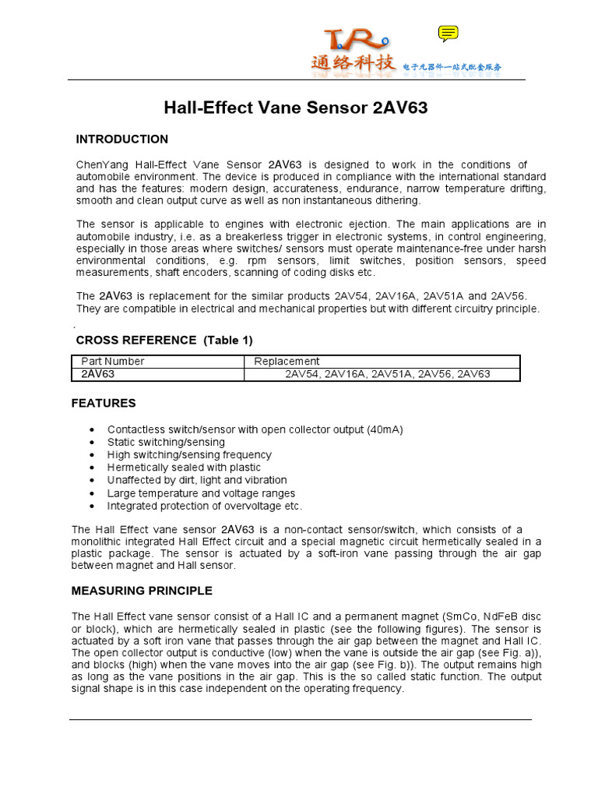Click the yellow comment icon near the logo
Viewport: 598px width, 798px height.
[x=448, y=33]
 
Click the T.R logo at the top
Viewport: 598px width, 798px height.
[x=354, y=41]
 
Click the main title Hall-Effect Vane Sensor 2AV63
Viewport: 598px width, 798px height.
[x=296, y=108]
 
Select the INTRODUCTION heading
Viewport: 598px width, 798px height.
[x=121, y=139]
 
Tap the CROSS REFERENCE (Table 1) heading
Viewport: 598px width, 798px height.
[x=164, y=340]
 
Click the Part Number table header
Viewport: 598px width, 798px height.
[x=113, y=362]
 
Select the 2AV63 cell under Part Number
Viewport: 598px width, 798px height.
[x=98, y=374]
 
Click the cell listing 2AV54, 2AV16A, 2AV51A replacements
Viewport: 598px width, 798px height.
[x=387, y=374]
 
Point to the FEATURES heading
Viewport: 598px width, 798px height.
[x=104, y=403]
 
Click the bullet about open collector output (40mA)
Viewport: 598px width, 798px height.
[x=255, y=429]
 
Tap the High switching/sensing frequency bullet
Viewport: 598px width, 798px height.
[x=189, y=454]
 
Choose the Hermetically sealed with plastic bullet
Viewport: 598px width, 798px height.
[x=184, y=468]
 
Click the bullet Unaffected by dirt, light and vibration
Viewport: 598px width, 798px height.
[x=197, y=480]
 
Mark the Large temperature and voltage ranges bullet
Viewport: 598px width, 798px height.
[x=201, y=493]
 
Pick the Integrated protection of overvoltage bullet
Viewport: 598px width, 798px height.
[x=204, y=506]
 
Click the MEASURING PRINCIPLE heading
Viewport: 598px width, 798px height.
[x=142, y=591]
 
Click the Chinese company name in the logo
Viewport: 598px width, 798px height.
[x=354, y=63]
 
